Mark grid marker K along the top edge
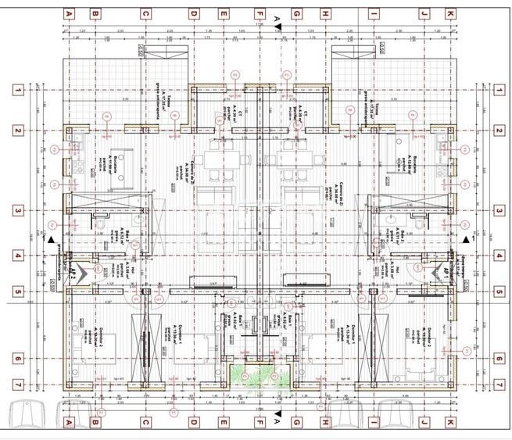[450, 14]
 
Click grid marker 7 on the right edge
[499, 385]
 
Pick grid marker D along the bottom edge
[193, 422]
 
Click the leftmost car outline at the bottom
[30, 417]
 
